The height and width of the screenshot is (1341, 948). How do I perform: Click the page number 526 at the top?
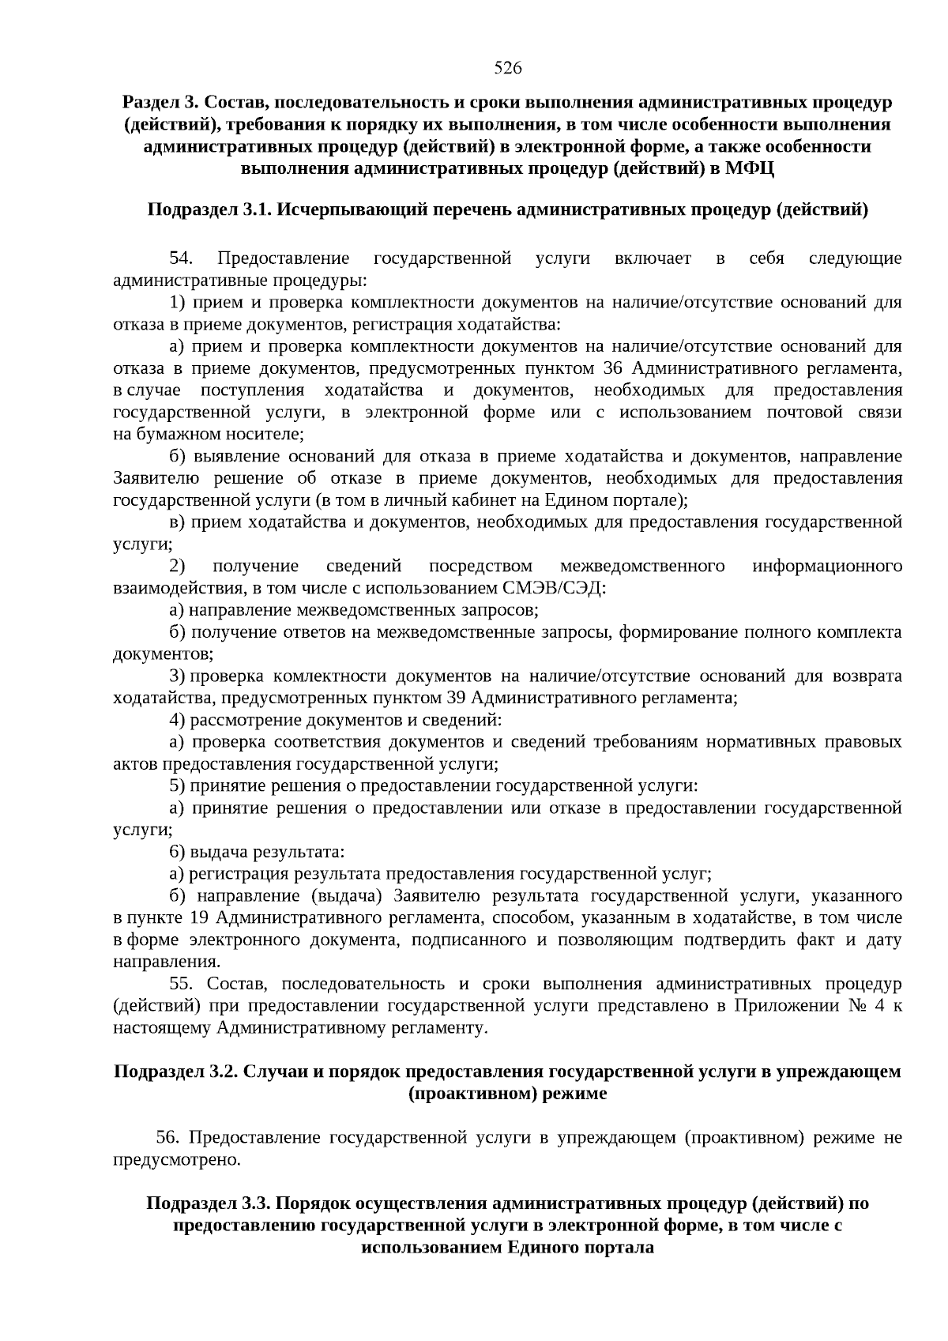point(508,68)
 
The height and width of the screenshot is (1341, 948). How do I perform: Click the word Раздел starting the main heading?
point(150,103)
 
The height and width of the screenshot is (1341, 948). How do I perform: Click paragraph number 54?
point(181,259)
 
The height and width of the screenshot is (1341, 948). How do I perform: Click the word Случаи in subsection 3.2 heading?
point(271,1072)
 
